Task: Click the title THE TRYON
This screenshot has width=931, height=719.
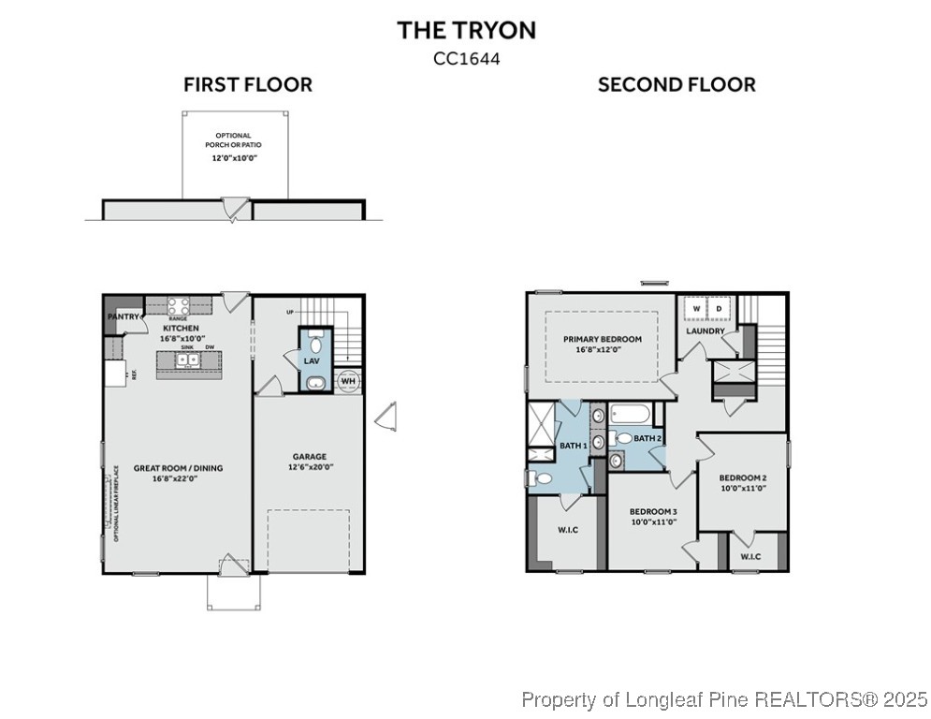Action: click(x=466, y=30)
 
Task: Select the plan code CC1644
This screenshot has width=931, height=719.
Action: click(x=466, y=58)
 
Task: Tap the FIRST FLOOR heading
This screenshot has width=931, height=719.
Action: click(x=247, y=85)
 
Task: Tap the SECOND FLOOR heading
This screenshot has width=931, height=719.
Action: click(x=676, y=85)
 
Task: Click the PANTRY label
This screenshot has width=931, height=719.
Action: click(x=124, y=317)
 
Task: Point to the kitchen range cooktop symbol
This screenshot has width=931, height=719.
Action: click(x=180, y=305)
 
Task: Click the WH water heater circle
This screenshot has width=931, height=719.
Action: click(x=347, y=381)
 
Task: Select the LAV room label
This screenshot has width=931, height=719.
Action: click(x=312, y=360)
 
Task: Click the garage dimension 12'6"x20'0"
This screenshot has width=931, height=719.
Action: click(x=310, y=467)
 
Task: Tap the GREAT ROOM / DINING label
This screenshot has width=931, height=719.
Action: click(x=178, y=468)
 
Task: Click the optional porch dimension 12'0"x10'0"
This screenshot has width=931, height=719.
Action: click(x=233, y=159)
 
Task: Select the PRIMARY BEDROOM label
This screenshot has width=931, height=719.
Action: click(x=602, y=339)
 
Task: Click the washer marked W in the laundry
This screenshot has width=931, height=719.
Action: click(x=696, y=308)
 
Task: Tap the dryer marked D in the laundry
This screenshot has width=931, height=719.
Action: click(x=720, y=308)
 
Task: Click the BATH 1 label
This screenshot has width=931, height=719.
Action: click(x=573, y=446)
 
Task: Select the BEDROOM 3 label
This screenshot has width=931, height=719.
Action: click(x=652, y=511)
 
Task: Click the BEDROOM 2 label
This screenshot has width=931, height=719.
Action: click(x=743, y=477)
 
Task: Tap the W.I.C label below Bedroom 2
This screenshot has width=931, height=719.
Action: click(x=750, y=558)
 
